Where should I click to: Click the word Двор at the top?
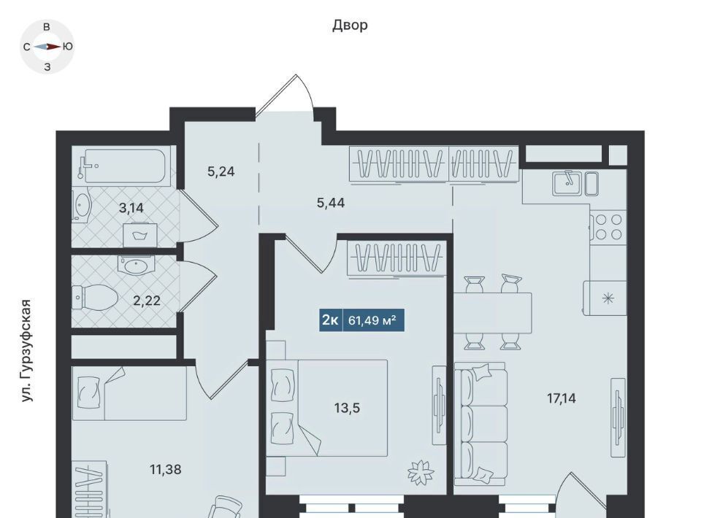(350, 26)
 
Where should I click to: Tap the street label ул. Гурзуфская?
(27, 351)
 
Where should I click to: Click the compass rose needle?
(47, 47)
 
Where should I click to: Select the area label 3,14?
(131, 208)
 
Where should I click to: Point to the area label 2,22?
(147, 301)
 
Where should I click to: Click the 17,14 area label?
(562, 398)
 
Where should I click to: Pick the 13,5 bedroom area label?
(347, 408)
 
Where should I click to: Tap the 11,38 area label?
(166, 469)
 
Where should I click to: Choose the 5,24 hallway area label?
(221, 171)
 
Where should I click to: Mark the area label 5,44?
(331, 203)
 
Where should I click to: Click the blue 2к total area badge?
(361, 320)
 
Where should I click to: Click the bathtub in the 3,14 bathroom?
(124, 166)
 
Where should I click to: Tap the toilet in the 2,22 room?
(95, 298)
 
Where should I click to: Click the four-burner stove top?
(608, 227)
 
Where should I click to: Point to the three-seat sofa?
(480, 424)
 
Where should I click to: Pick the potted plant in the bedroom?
(421, 471)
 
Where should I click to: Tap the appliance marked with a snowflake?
(605, 298)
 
